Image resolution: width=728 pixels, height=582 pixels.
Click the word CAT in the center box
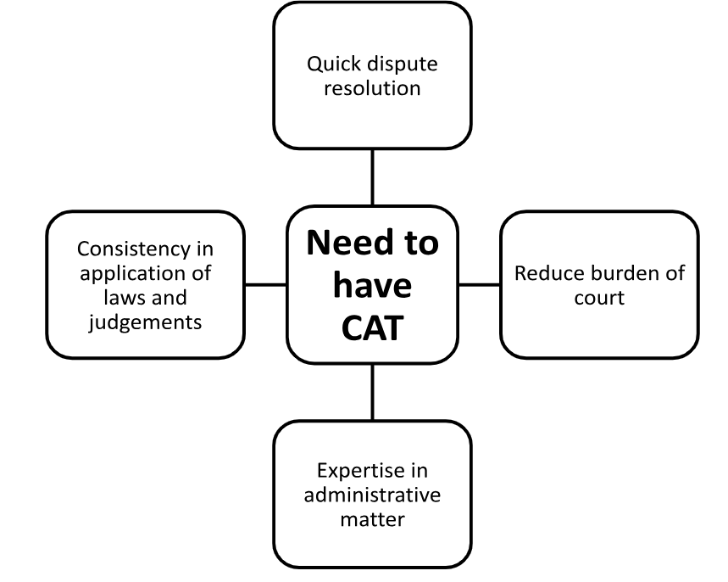coord(372,329)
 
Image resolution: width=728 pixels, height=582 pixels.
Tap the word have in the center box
coord(372,286)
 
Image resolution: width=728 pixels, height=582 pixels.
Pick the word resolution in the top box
coord(372,87)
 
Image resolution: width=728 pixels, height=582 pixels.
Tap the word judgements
coord(145,322)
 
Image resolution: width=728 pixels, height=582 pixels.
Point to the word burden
coord(623,273)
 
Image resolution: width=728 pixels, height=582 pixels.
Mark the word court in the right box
coord(599,298)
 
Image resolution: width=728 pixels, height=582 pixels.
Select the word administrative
coord(372,495)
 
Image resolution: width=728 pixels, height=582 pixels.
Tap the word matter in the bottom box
coord(372,518)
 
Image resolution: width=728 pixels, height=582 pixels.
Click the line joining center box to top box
coord(372,177)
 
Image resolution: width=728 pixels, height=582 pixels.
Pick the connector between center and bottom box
coord(372,392)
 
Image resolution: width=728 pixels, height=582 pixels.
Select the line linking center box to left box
coord(265,285)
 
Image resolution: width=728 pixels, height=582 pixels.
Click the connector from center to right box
coord(479,285)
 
